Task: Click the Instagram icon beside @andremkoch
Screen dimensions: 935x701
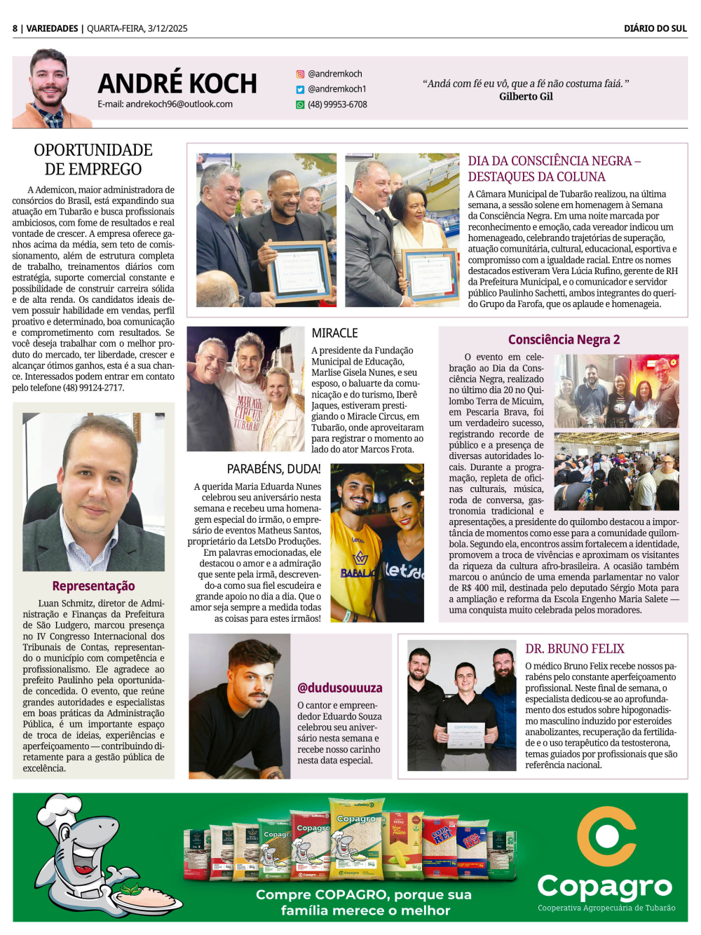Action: point(300,74)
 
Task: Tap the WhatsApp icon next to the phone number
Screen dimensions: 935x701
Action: point(300,104)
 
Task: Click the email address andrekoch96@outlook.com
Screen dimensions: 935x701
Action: point(165,104)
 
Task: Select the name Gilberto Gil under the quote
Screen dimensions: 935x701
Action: point(526,96)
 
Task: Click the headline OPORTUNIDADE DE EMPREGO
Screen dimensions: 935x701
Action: point(93,159)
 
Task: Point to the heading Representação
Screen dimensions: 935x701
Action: point(93,586)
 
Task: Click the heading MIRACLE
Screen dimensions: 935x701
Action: point(334,333)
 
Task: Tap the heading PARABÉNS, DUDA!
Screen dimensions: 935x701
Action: point(273,469)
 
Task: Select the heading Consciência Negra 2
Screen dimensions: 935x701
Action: point(564,339)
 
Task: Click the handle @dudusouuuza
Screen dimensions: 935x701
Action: point(340,688)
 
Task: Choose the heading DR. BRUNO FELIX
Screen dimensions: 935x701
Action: point(574,648)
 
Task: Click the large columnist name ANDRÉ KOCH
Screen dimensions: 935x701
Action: point(177,83)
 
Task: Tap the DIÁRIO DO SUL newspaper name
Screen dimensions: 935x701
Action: point(655,28)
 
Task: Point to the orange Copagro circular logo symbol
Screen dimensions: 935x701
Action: point(606,835)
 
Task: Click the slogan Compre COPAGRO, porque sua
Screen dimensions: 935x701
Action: point(363,894)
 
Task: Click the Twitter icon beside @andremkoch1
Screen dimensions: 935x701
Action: point(300,89)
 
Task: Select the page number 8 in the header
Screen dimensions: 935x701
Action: point(15,28)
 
